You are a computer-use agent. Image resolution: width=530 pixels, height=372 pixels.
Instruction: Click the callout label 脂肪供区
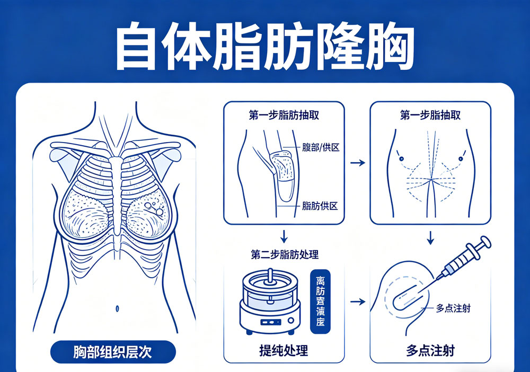tap(320, 206)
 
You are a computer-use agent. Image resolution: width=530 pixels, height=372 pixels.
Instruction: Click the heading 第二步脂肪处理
tap(285, 254)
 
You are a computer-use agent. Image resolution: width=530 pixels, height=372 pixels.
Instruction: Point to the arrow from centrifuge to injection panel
tap(358, 302)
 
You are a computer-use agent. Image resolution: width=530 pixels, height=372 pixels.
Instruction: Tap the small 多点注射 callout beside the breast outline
tap(454, 308)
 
